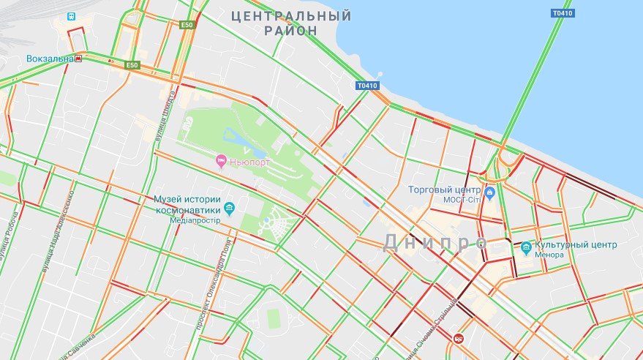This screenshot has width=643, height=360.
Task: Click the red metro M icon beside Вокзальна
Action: point(78,59)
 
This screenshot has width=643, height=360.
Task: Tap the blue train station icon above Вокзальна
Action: point(71,15)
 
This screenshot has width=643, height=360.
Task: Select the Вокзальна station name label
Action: point(49,59)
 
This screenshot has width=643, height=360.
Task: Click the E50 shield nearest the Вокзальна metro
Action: point(132,65)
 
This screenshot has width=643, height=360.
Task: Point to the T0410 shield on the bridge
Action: point(562,12)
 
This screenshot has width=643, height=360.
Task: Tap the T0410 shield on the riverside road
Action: point(367,86)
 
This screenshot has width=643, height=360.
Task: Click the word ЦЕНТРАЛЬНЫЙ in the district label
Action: point(290,15)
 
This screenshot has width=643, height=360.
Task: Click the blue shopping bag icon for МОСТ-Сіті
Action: point(490,193)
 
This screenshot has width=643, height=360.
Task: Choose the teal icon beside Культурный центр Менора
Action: point(526,249)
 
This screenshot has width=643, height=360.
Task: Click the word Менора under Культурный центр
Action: point(549,255)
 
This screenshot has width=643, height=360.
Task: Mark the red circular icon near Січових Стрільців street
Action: point(459,338)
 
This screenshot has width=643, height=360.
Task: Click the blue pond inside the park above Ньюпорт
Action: point(235,137)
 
